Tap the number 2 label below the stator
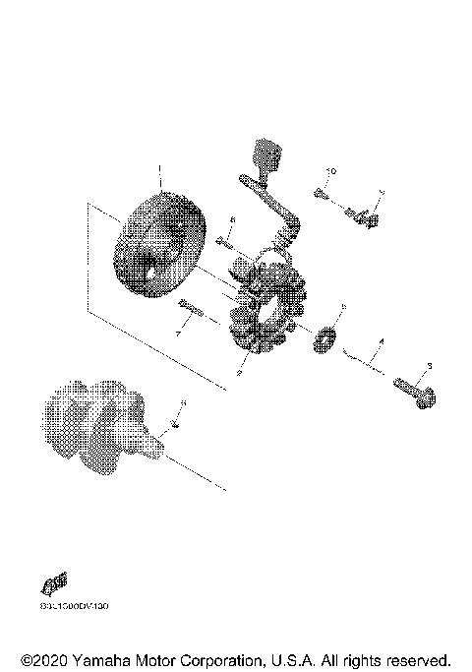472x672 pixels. [x=238, y=373]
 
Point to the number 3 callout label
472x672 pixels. [x=430, y=367]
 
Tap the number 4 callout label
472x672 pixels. [x=383, y=341]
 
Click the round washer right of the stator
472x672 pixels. [x=322, y=339]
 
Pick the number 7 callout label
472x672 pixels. [x=178, y=336]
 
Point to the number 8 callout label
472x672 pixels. [x=232, y=219]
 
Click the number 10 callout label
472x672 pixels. [x=331, y=172]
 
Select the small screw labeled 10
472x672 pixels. [x=322, y=192]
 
